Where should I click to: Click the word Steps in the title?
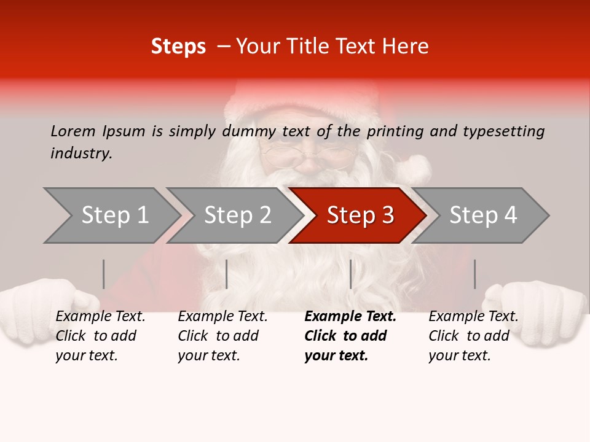point(178,47)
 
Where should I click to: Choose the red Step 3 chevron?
point(360,215)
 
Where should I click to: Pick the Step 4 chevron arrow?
point(483,215)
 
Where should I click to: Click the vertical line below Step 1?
point(104,274)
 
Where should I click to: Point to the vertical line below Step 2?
point(227,274)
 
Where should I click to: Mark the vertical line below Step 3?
point(350,274)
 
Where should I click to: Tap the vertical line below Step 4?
point(474,274)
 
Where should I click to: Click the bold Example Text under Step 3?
point(350,317)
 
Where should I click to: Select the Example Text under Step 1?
point(100,317)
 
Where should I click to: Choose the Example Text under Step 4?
point(473,317)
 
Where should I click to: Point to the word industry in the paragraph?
point(81,153)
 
